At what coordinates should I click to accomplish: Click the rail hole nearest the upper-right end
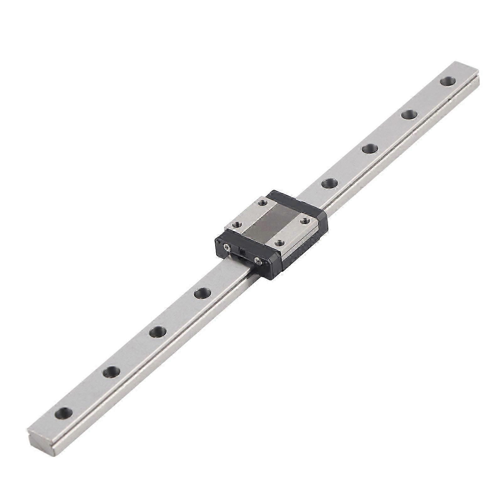click(447, 81)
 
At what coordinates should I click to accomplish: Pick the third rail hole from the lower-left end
click(157, 331)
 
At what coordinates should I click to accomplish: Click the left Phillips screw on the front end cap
click(226, 249)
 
